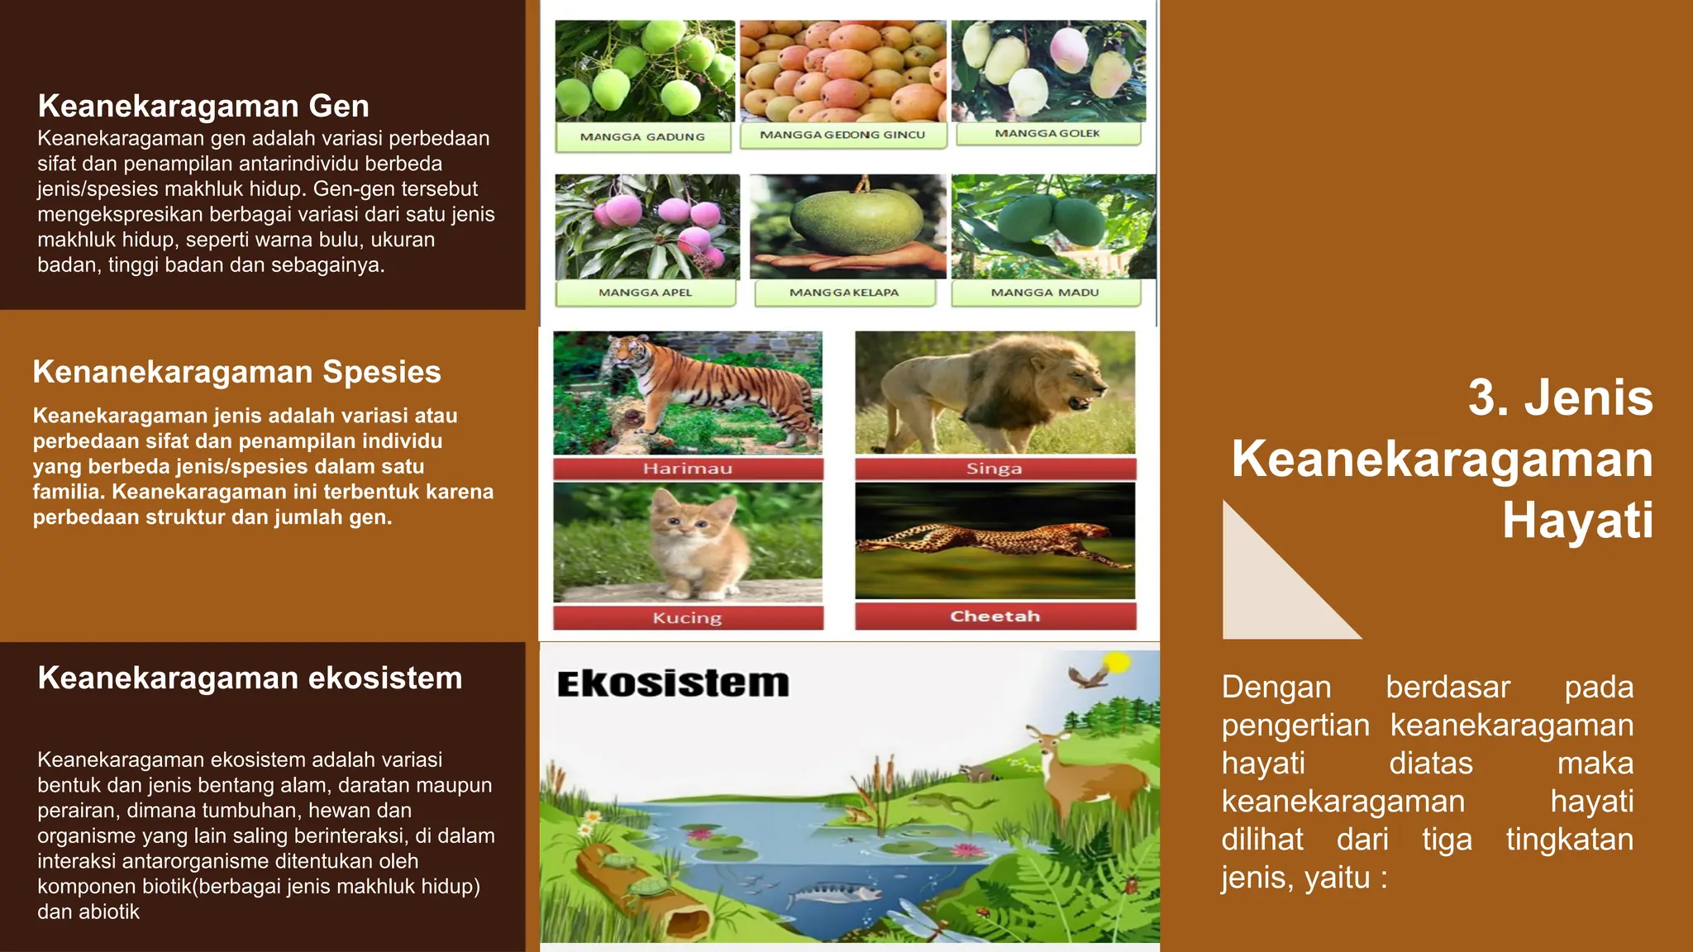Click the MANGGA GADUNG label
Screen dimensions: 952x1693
(x=642, y=137)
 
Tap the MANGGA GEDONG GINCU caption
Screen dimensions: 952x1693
(x=842, y=135)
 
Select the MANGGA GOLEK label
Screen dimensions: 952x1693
(x=1047, y=133)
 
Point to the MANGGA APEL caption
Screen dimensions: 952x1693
(x=645, y=293)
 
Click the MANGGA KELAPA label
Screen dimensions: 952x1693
(x=844, y=293)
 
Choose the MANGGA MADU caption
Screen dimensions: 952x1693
(x=1045, y=293)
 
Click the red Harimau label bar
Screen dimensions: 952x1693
(x=688, y=469)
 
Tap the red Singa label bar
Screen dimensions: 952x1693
(x=994, y=469)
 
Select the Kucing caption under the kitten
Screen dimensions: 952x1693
(x=688, y=618)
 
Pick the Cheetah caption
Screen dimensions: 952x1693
(x=994, y=616)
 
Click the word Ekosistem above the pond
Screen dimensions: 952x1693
(x=673, y=684)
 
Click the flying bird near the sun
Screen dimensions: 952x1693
(x=1087, y=677)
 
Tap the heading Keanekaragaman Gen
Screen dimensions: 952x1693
(x=203, y=107)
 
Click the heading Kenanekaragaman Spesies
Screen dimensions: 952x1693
(x=236, y=372)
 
